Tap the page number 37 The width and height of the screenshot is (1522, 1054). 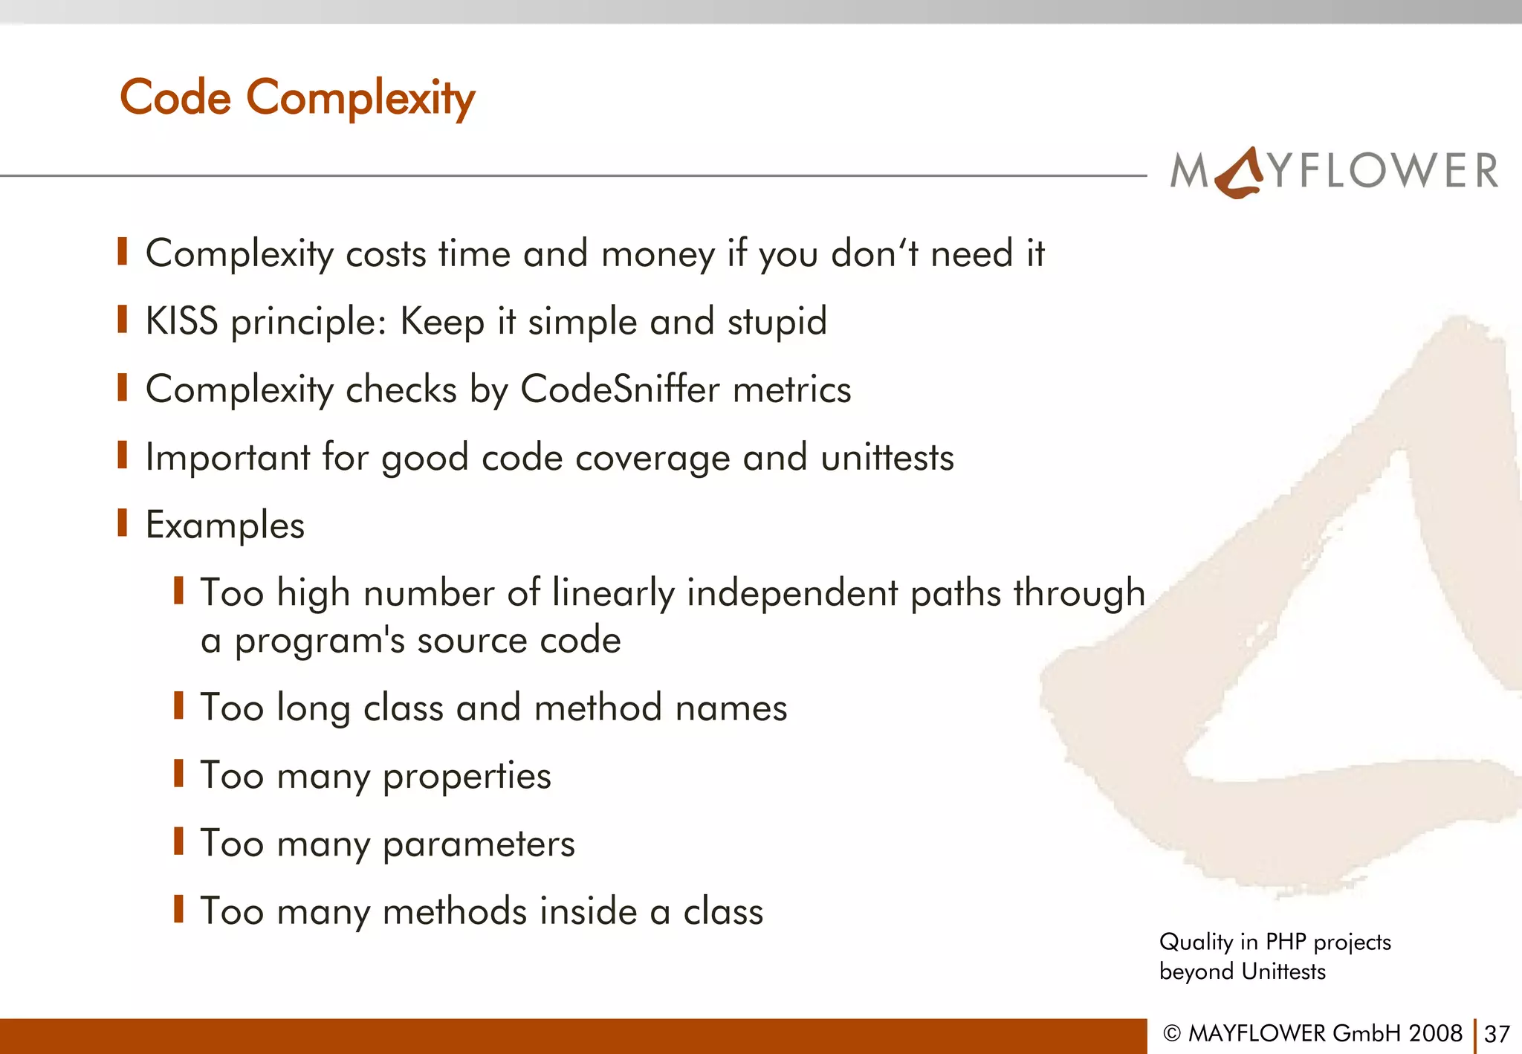pos(1497,1034)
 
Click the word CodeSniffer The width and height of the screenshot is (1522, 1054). pos(620,389)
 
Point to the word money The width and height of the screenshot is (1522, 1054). pos(658,254)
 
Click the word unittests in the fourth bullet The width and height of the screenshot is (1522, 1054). pos(887,457)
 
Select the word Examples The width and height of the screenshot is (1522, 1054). pos(225,526)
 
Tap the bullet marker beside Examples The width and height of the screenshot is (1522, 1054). pos(123,523)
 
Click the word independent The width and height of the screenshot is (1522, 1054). pos(792,593)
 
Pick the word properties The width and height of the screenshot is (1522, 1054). pos(467,777)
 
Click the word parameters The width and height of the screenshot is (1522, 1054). pos(479,844)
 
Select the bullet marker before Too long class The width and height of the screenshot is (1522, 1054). pos(178,705)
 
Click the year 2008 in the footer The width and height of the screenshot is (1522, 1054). pos(1435,1033)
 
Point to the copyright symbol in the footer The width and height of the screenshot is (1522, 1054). pos(1172,1033)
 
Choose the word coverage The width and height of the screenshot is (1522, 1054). pos(652,457)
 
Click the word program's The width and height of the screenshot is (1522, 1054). pos(320,641)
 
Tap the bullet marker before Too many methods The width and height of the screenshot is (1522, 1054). pos(178,909)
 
